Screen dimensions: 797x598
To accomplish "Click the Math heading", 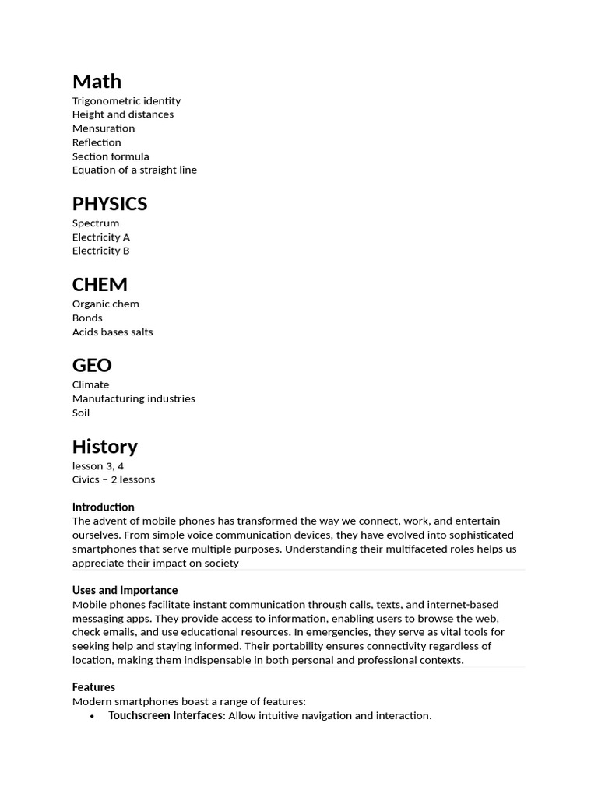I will tap(97, 81).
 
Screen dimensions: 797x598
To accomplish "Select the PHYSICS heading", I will tap(110, 203).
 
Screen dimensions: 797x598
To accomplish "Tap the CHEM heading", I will tap(100, 284).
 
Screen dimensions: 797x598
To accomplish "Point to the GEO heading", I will tap(92, 365).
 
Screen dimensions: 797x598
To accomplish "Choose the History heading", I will tap(104, 446).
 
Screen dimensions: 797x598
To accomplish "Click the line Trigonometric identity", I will tap(126, 100).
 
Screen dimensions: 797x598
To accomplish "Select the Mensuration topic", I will tap(104, 128).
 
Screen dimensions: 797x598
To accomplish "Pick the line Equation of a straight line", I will tap(135, 170).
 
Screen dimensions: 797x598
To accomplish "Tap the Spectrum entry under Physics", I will tap(96, 223).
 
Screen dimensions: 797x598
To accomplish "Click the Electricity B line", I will tap(101, 251).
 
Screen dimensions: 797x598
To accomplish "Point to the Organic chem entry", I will tap(106, 304).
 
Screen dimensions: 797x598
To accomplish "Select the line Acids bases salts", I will tap(113, 332).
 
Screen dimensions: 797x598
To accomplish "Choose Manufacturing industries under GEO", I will tap(134, 398).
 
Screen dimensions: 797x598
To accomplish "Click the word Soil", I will tap(81, 413).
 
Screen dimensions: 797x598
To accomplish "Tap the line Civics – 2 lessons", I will tap(114, 479).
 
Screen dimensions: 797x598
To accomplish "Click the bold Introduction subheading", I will tap(104, 507).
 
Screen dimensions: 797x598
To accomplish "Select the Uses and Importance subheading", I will tap(125, 590).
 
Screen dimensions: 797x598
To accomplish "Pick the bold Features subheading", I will tap(93, 687).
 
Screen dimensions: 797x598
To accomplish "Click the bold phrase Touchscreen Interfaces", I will tap(165, 715).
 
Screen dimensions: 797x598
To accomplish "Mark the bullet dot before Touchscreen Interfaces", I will tap(93, 716).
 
